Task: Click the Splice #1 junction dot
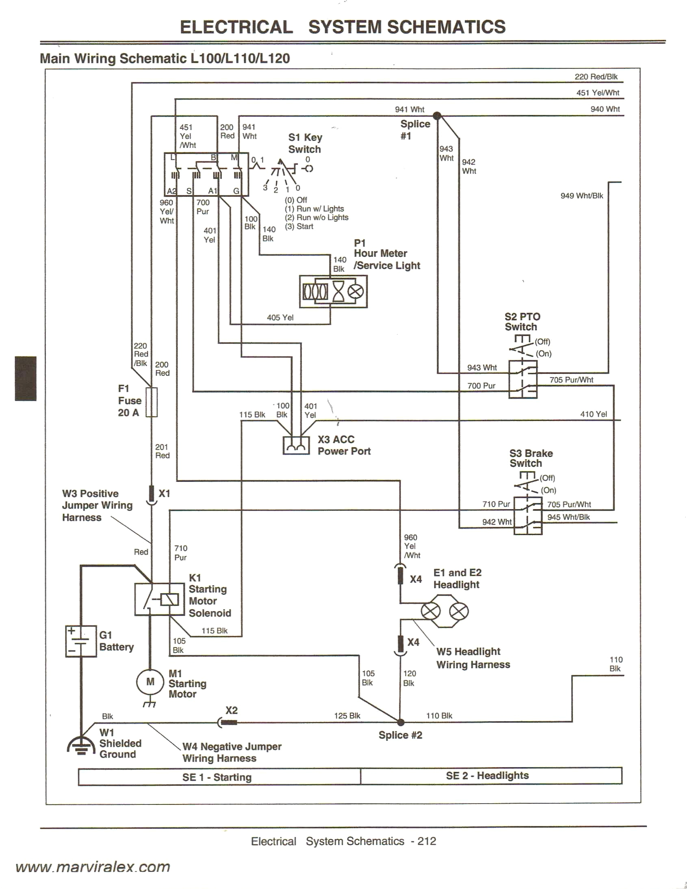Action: point(437,116)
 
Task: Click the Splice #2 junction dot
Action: point(401,722)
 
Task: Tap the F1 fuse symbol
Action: point(152,402)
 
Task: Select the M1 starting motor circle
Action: point(150,682)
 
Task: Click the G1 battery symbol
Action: point(81,642)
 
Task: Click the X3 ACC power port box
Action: point(296,446)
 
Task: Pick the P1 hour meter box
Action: point(333,291)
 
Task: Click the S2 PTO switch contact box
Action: point(523,379)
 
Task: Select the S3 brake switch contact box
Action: point(528,515)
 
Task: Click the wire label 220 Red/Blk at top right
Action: point(596,76)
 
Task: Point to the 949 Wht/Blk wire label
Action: point(582,196)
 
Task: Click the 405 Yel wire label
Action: point(280,317)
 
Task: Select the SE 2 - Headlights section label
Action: point(487,775)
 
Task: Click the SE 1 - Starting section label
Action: point(217,777)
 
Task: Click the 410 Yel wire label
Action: point(593,414)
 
